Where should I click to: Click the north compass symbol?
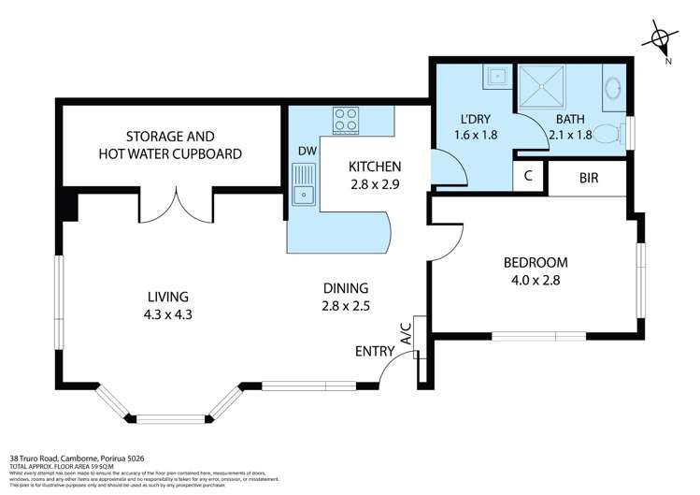[x=662, y=40]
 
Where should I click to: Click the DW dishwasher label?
[x=307, y=151]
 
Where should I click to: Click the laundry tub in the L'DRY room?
[x=496, y=75]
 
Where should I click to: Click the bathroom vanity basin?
[x=613, y=89]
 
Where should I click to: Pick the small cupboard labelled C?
[x=528, y=176]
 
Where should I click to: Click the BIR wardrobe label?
[x=589, y=176]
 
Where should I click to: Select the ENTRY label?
[x=374, y=352]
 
